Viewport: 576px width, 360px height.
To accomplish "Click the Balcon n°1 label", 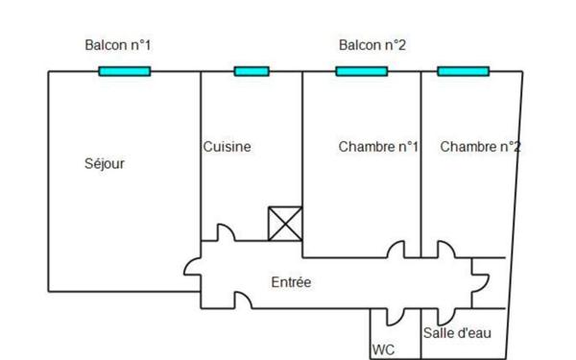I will (x=118, y=45).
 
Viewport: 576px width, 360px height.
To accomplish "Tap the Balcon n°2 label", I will (x=372, y=45).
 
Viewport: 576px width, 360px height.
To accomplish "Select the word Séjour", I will (x=105, y=163).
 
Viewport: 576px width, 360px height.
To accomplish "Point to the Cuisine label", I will (x=228, y=147).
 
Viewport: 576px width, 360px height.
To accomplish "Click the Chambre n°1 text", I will (x=378, y=147).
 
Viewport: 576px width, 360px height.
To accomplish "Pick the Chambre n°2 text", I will (x=480, y=147).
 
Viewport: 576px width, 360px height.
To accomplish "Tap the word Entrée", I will (x=290, y=282).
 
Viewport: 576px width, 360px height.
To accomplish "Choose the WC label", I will (x=382, y=350).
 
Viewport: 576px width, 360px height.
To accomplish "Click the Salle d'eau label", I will (x=457, y=333).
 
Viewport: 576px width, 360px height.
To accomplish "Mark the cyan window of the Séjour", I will (x=125, y=71).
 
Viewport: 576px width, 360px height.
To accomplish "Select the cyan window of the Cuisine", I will (x=252, y=71).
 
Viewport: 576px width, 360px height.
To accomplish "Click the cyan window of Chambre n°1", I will (x=361, y=71).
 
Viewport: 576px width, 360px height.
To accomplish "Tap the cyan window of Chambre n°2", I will (x=463, y=71).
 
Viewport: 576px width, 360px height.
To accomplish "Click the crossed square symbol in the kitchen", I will (x=285, y=224).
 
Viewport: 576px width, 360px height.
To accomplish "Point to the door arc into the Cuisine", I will (x=223, y=233).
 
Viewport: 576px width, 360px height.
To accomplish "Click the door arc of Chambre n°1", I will (x=396, y=250).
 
